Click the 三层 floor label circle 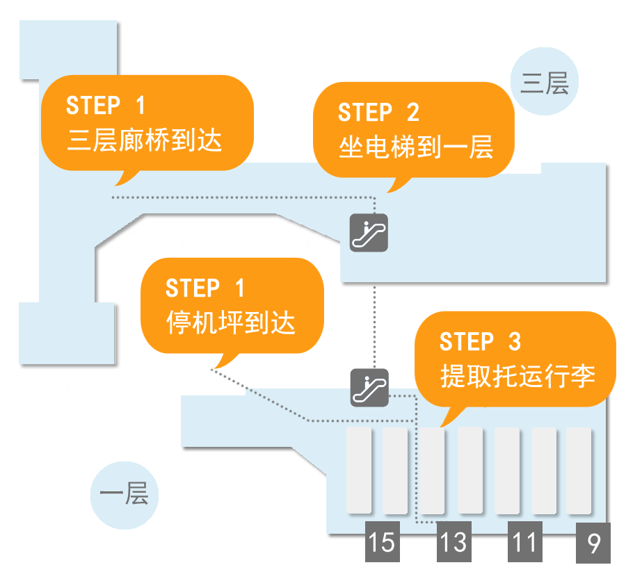tap(545, 83)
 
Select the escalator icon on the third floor tap(368, 232)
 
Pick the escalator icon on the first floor tap(369, 388)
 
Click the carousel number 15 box tap(382, 542)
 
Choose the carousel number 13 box tap(454, 542)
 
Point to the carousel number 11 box tap(524, 542)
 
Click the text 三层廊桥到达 tap(145, 140)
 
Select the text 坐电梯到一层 tap(416, 147)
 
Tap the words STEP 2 tap(379, 113)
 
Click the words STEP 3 tap(480, 342)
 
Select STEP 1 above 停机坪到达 tap(205, 288)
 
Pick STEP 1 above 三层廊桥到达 tap(106, 106)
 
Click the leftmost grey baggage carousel tap(359, 470)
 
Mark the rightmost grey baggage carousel tap(579, 470)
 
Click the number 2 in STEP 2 tap(412, 113)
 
